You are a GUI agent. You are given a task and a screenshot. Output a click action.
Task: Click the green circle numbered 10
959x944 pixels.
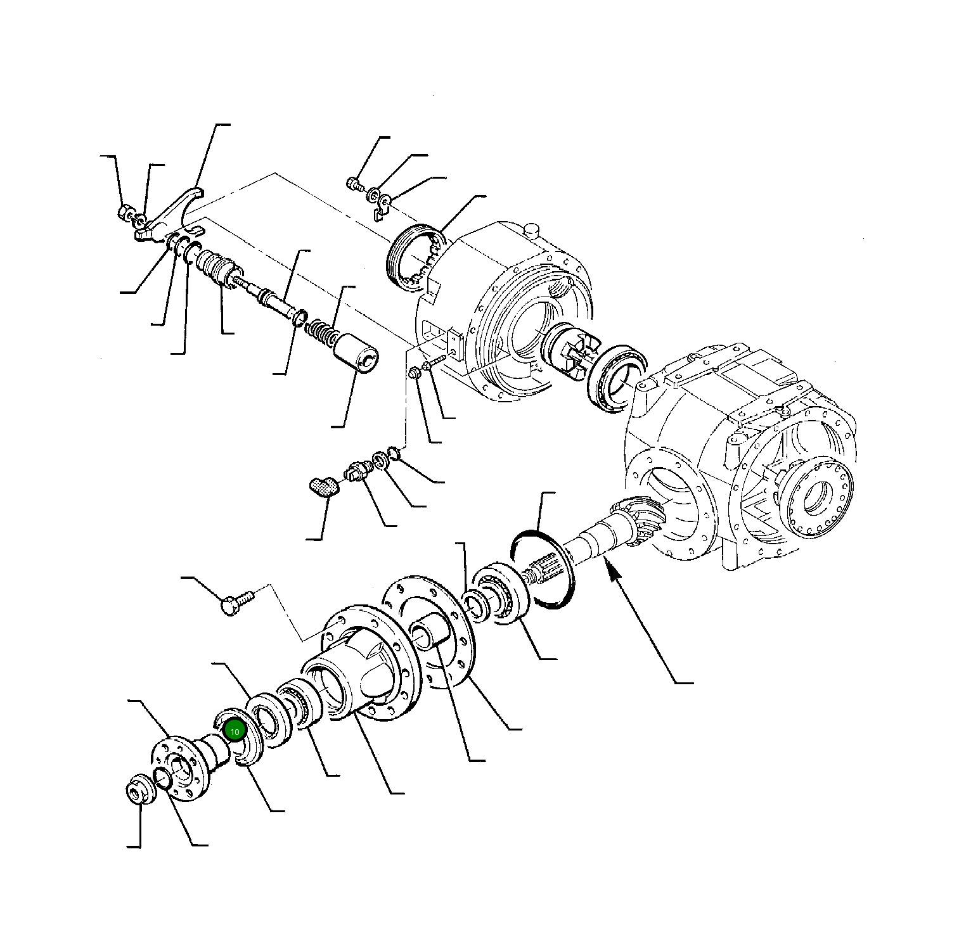235,731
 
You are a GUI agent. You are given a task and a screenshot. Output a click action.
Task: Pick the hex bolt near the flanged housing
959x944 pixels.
236,602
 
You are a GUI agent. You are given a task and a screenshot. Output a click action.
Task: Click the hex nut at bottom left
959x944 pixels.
138,789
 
